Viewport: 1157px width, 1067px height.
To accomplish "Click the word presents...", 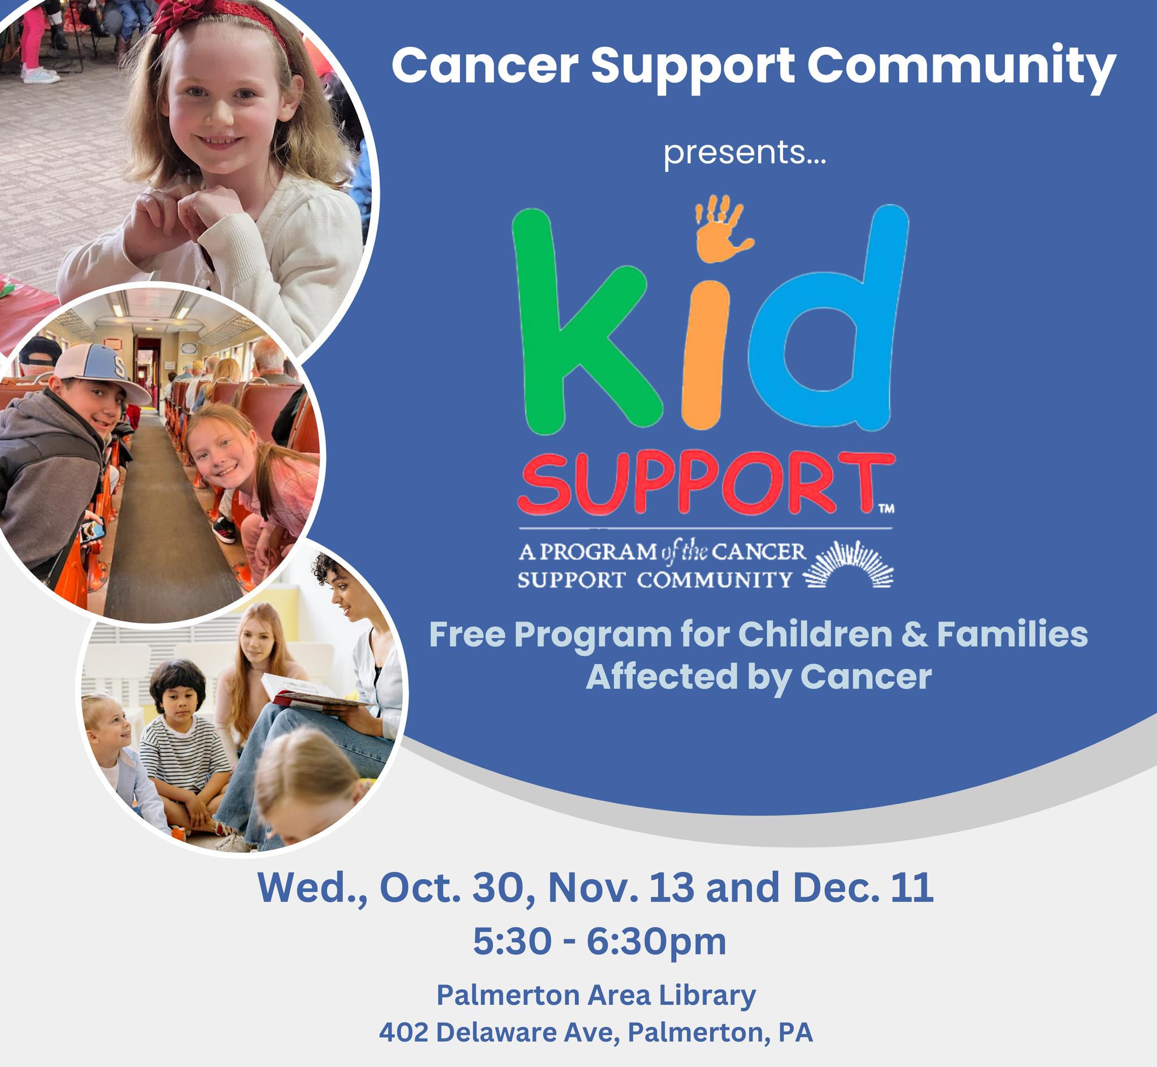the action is tap(745, 154).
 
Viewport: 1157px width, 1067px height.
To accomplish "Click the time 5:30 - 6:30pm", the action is tap(599, 942).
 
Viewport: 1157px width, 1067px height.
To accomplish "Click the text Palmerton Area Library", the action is tap(596, 995).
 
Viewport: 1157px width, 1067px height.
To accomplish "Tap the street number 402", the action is tap(403, 1033).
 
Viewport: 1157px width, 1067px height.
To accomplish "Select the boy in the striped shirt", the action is tap(182, 745).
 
